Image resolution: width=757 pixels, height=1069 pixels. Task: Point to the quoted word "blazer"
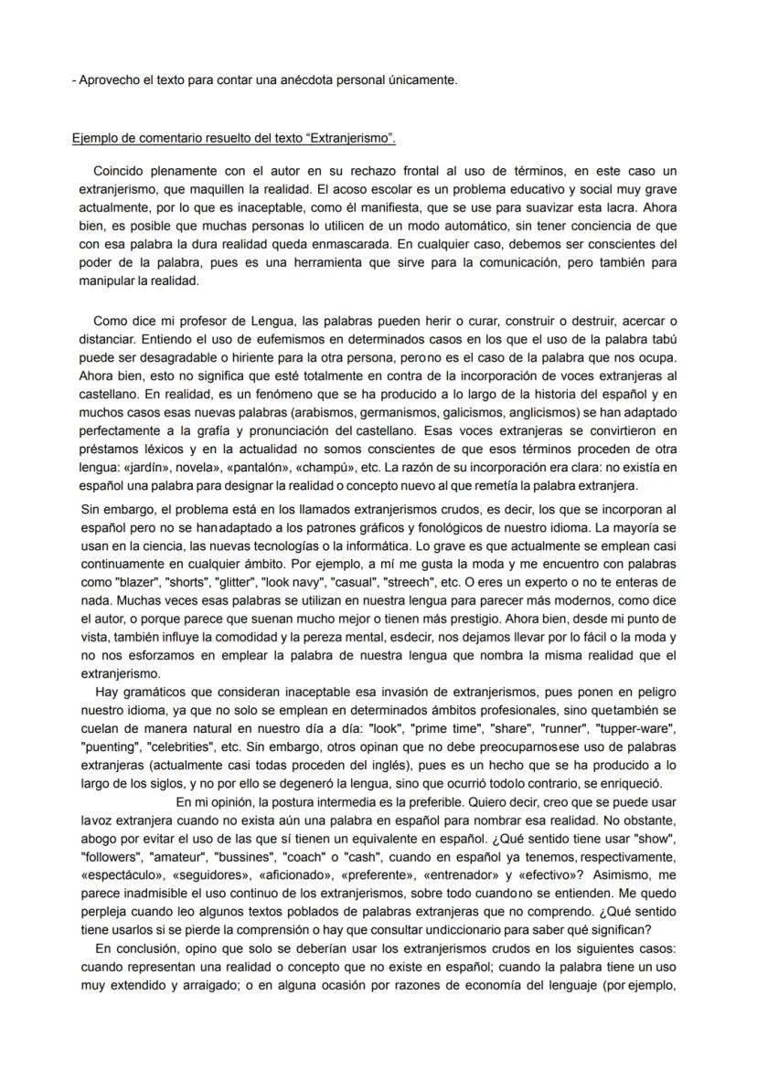click(133, 583)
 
